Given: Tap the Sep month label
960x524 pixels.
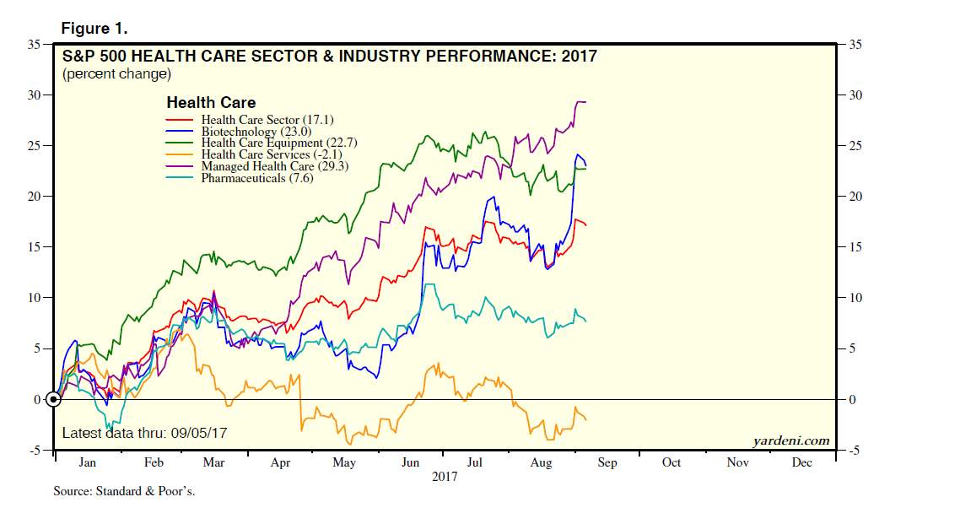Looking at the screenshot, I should point(607,463).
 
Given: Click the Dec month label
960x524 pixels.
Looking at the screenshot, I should point(801,463).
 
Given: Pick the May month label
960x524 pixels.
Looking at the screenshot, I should point(344,463).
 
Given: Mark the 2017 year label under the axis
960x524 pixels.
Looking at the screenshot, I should point(445,477).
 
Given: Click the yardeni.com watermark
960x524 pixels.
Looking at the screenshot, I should point(790,440).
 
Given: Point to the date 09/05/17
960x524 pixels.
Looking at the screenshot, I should point(198,433).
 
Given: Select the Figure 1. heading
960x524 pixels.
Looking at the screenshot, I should point(94,29).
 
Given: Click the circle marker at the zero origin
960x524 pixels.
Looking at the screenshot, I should point(53,399).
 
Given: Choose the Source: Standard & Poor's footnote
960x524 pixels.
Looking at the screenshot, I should point(124,490).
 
